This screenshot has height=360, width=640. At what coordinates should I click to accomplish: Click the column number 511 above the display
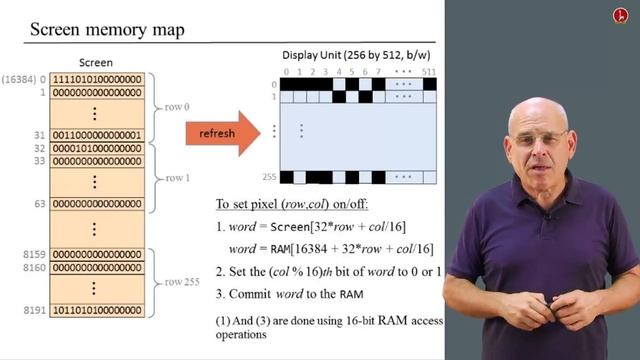tap(429, 71)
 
